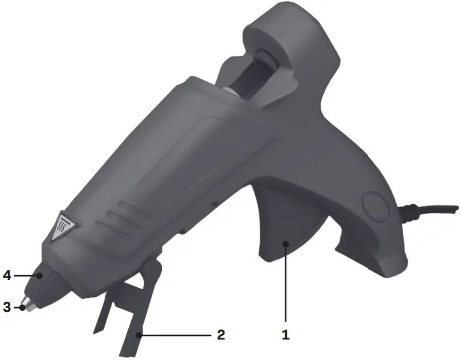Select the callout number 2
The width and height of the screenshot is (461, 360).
point(221,335)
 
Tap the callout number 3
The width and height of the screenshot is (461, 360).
point(7,307)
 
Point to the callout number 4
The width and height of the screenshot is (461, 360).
point(7,276)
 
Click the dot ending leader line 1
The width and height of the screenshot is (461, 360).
point(286,243)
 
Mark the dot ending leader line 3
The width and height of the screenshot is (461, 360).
point(22,308)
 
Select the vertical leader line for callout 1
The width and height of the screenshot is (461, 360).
point(286,283)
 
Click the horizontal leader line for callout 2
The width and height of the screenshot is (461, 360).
point(175,335)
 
